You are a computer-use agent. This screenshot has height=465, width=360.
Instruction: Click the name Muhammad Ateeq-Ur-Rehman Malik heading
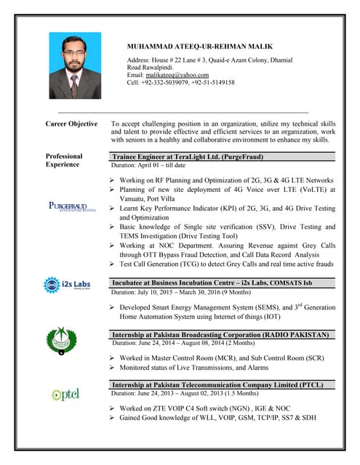200,46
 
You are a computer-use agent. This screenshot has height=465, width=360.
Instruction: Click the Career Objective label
71,124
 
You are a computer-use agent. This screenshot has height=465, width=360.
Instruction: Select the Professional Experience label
64,161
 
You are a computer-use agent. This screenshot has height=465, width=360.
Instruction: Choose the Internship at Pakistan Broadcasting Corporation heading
220,334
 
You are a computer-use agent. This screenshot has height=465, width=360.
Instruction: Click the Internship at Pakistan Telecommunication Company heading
217,384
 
